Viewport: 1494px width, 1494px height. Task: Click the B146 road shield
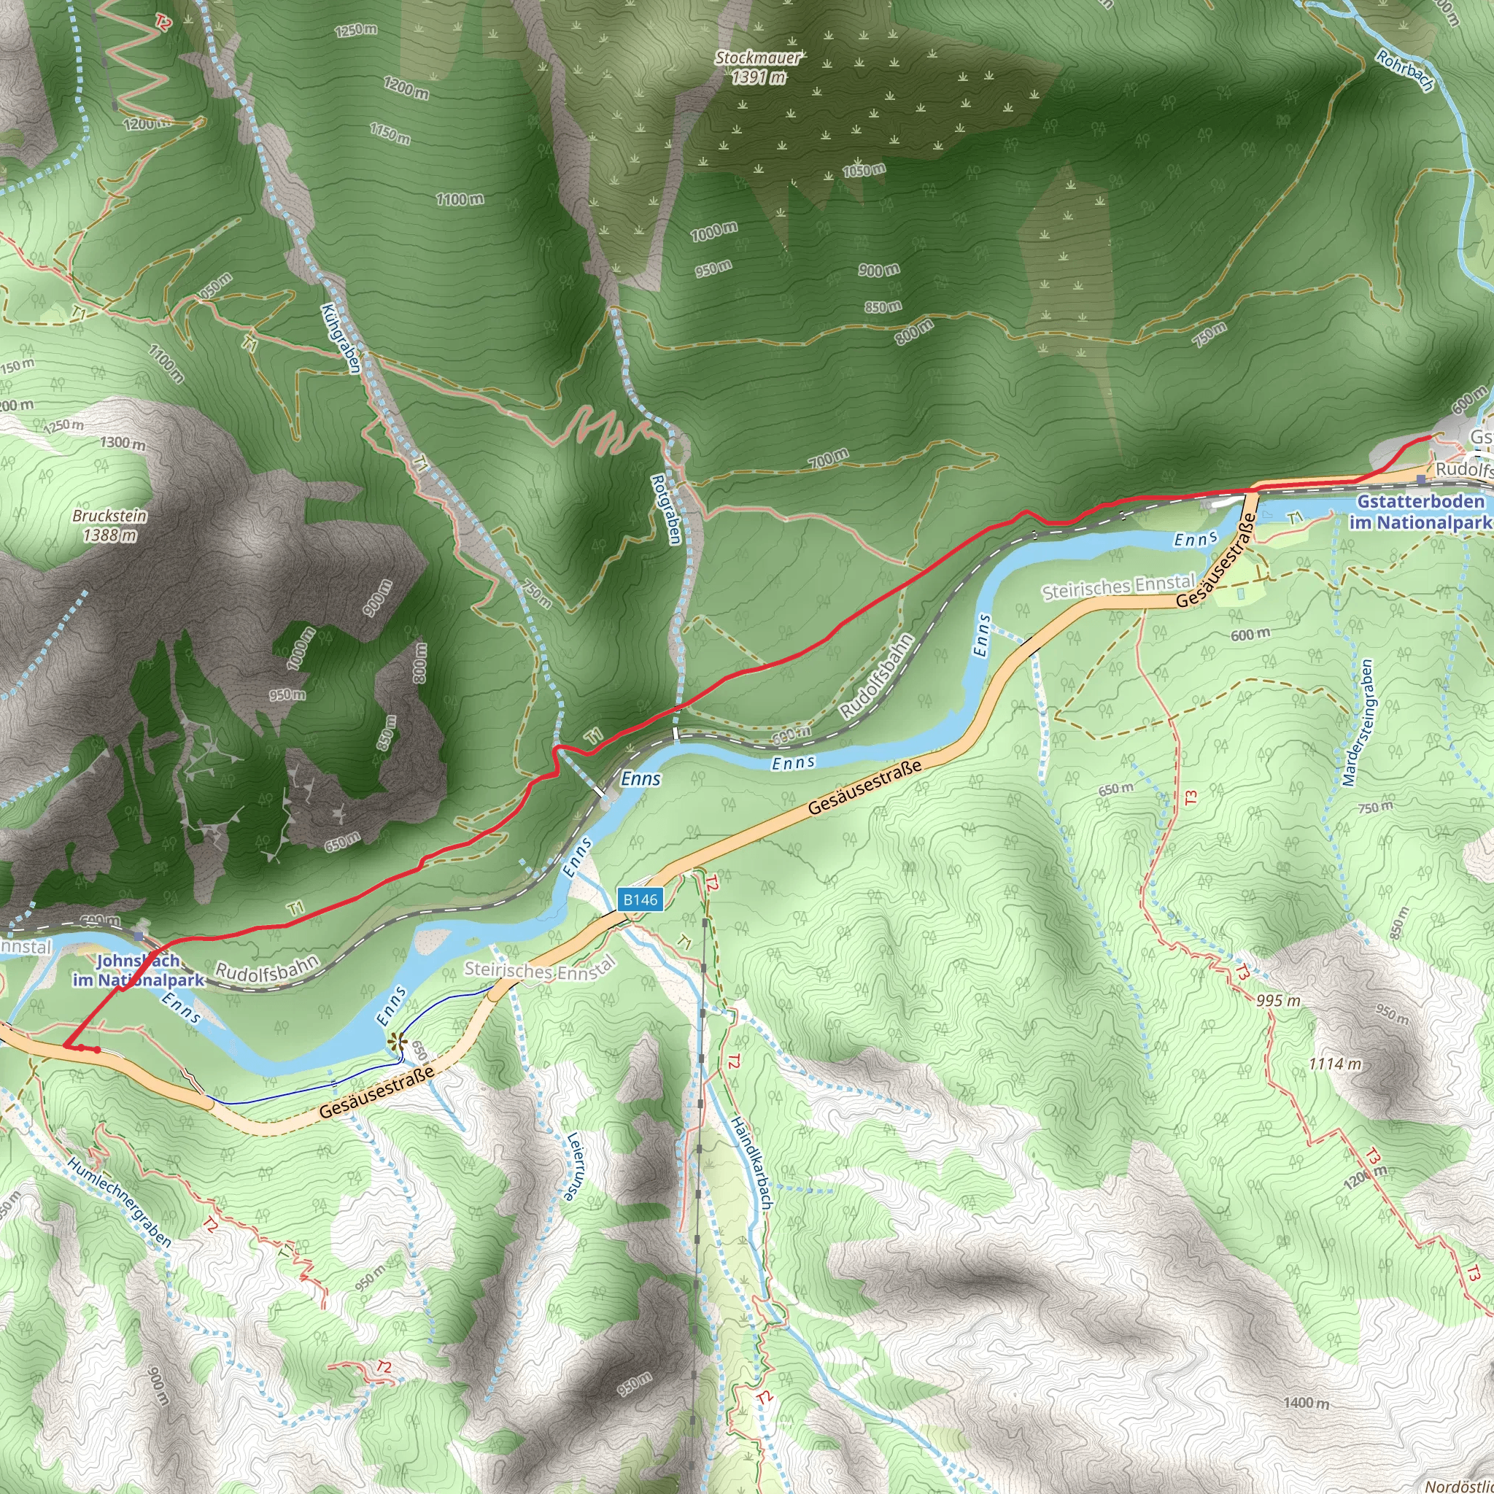(640, 899)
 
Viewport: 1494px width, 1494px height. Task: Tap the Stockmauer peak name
(757, 58)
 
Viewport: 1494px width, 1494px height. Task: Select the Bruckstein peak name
(110, 516)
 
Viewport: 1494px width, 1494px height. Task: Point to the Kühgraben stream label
(341, 338)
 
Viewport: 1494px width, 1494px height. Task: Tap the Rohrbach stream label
(1404, 72)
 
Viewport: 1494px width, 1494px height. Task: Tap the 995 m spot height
(1278, 1000)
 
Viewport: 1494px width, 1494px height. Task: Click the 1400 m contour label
(1306, 1403)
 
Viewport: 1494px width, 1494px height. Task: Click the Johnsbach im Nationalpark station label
(139, 970)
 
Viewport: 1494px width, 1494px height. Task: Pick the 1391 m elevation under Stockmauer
(758, 77)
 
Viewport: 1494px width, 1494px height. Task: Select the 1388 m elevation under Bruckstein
(110, 535)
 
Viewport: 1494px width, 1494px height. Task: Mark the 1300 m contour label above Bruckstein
(122, 444)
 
